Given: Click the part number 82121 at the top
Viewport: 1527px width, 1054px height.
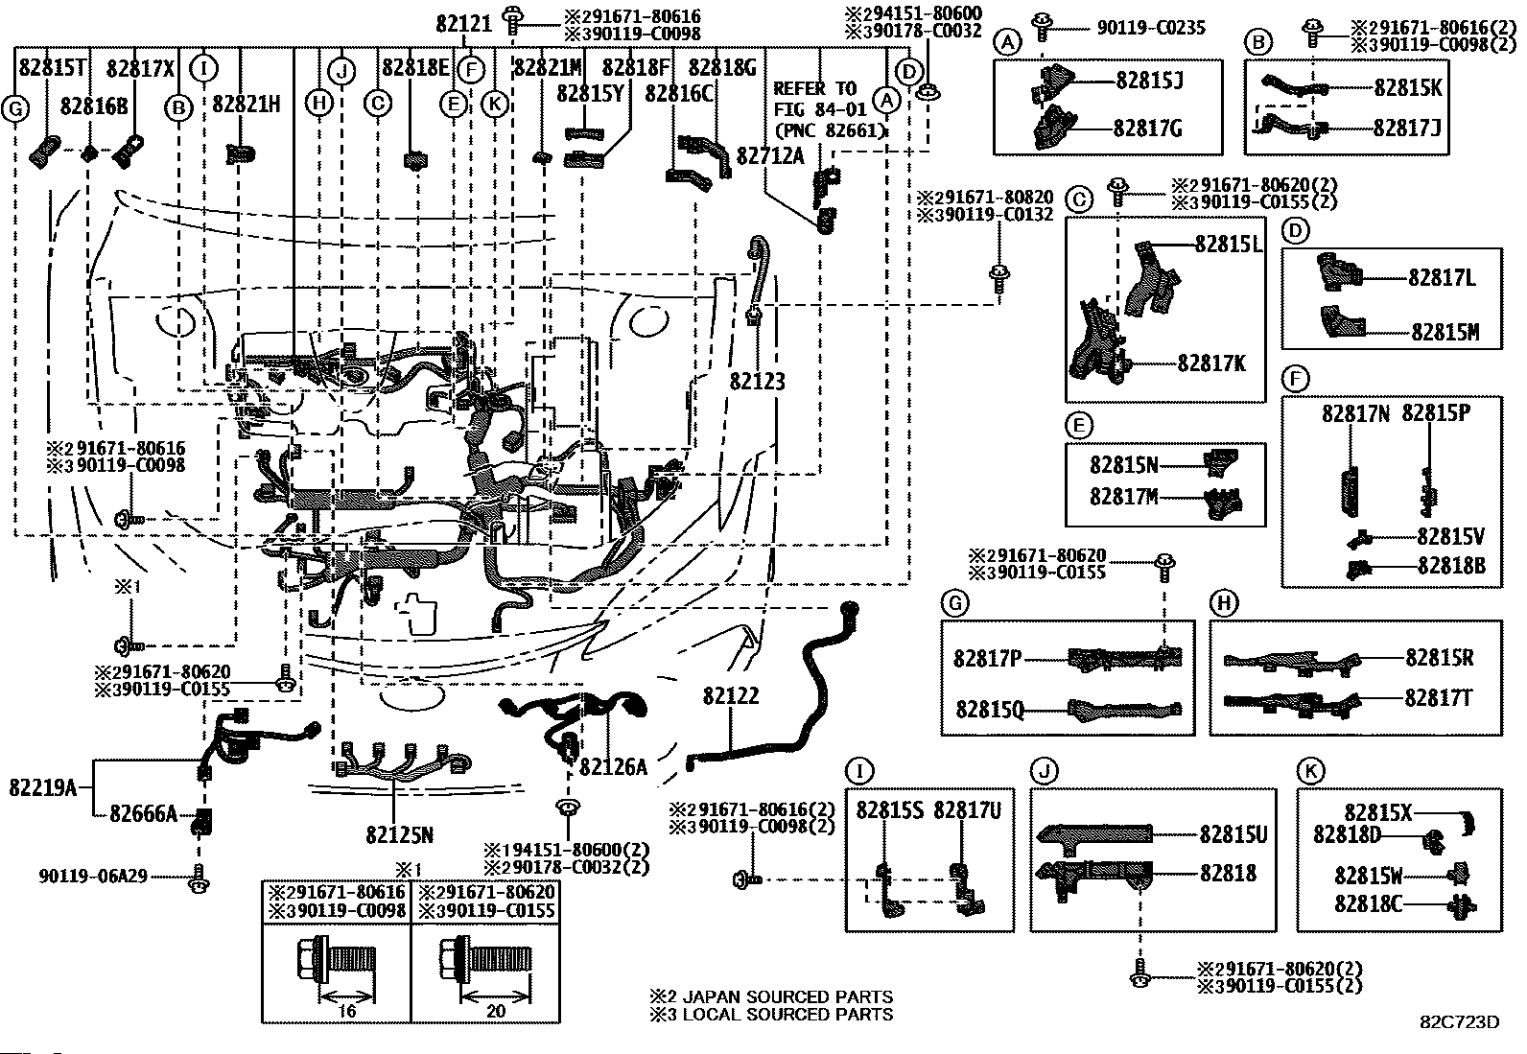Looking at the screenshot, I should (x=464, y=24).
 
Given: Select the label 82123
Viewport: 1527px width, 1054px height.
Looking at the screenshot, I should (x=757, y=382).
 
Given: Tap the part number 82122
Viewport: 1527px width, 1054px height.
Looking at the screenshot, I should (x=730, y=695).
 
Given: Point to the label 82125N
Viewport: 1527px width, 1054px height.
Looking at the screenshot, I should (x=399, y=835).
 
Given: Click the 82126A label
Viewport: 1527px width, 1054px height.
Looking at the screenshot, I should (x=613, y=766).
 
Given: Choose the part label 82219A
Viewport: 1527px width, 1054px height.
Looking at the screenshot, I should (x=43, y=787).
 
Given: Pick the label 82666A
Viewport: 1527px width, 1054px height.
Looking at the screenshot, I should (x=143, y=814).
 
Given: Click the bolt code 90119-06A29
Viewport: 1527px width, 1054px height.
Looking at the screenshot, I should (x=93, y=876).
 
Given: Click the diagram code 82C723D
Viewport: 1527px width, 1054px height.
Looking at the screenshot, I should (x=1459, y=1022).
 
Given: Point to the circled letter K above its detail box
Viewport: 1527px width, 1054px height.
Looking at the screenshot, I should (x=1309, y=770).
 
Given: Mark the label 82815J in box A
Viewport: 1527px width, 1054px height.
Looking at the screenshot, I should (x=1148, y=81).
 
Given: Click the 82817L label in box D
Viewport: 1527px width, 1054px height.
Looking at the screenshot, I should (x=1442, y=278).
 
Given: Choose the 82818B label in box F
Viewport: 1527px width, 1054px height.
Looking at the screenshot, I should (x=1451, y=566).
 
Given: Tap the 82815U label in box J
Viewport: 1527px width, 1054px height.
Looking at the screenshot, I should (x=1233, y=835).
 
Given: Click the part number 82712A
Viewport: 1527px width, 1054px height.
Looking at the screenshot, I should (x=769, y=155).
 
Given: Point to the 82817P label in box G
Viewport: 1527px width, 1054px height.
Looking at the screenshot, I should (x=988, y=658).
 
